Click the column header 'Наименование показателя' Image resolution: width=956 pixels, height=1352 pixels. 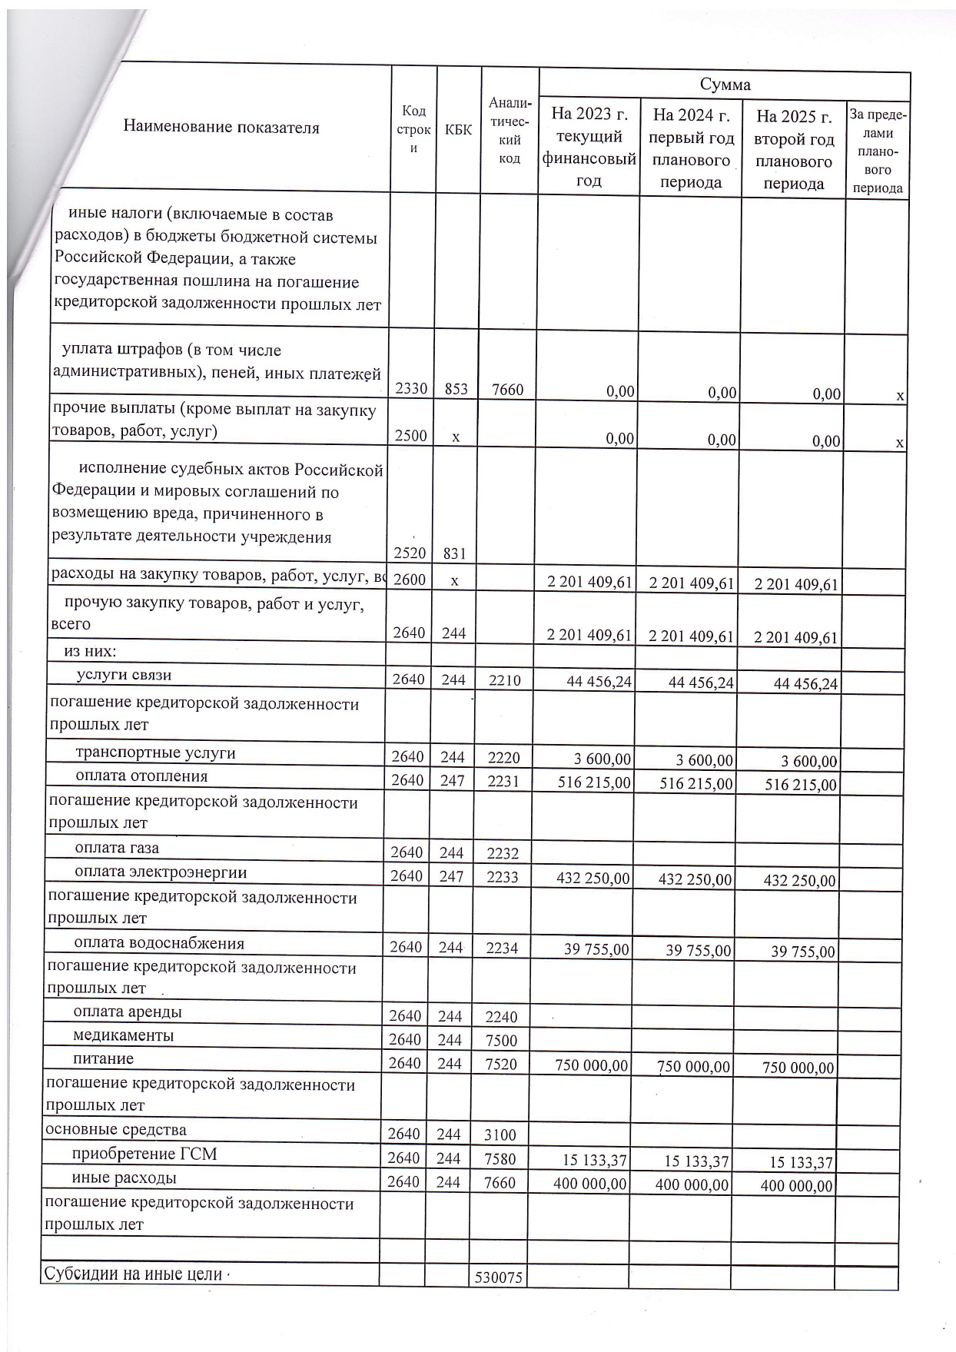point(221,128)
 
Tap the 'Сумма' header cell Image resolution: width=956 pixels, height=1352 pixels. point(725,85)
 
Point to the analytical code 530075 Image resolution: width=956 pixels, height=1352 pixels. point(499,1277)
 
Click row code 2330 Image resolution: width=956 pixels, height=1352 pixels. point(411,388)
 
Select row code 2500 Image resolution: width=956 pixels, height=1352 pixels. point(410,435)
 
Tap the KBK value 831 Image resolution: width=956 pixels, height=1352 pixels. point(455,553)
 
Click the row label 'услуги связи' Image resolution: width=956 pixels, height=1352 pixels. point(124,675)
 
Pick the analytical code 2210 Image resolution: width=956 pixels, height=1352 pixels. point(503,680)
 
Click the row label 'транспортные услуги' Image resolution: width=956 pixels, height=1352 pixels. point(155,752)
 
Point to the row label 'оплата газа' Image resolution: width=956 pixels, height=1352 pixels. point(117,848)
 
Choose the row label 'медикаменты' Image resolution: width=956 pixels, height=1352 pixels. point(123,1035)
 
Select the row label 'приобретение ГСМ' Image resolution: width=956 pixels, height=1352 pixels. point(144,1154)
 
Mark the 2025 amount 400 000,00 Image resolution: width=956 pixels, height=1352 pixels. point(796,1186)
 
